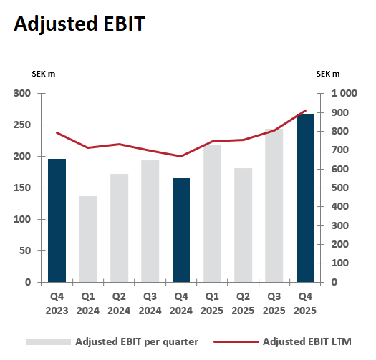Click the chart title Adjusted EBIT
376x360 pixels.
coord(79,23)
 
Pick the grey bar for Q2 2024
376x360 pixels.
coord(119,228)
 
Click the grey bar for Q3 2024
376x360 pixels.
coord(150,221)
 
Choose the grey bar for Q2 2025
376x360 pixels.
coord(243,225)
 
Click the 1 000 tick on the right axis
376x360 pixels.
coord(343,94)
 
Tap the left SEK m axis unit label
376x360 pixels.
coord(44,74)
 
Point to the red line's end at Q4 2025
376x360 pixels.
coord(306,111)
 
